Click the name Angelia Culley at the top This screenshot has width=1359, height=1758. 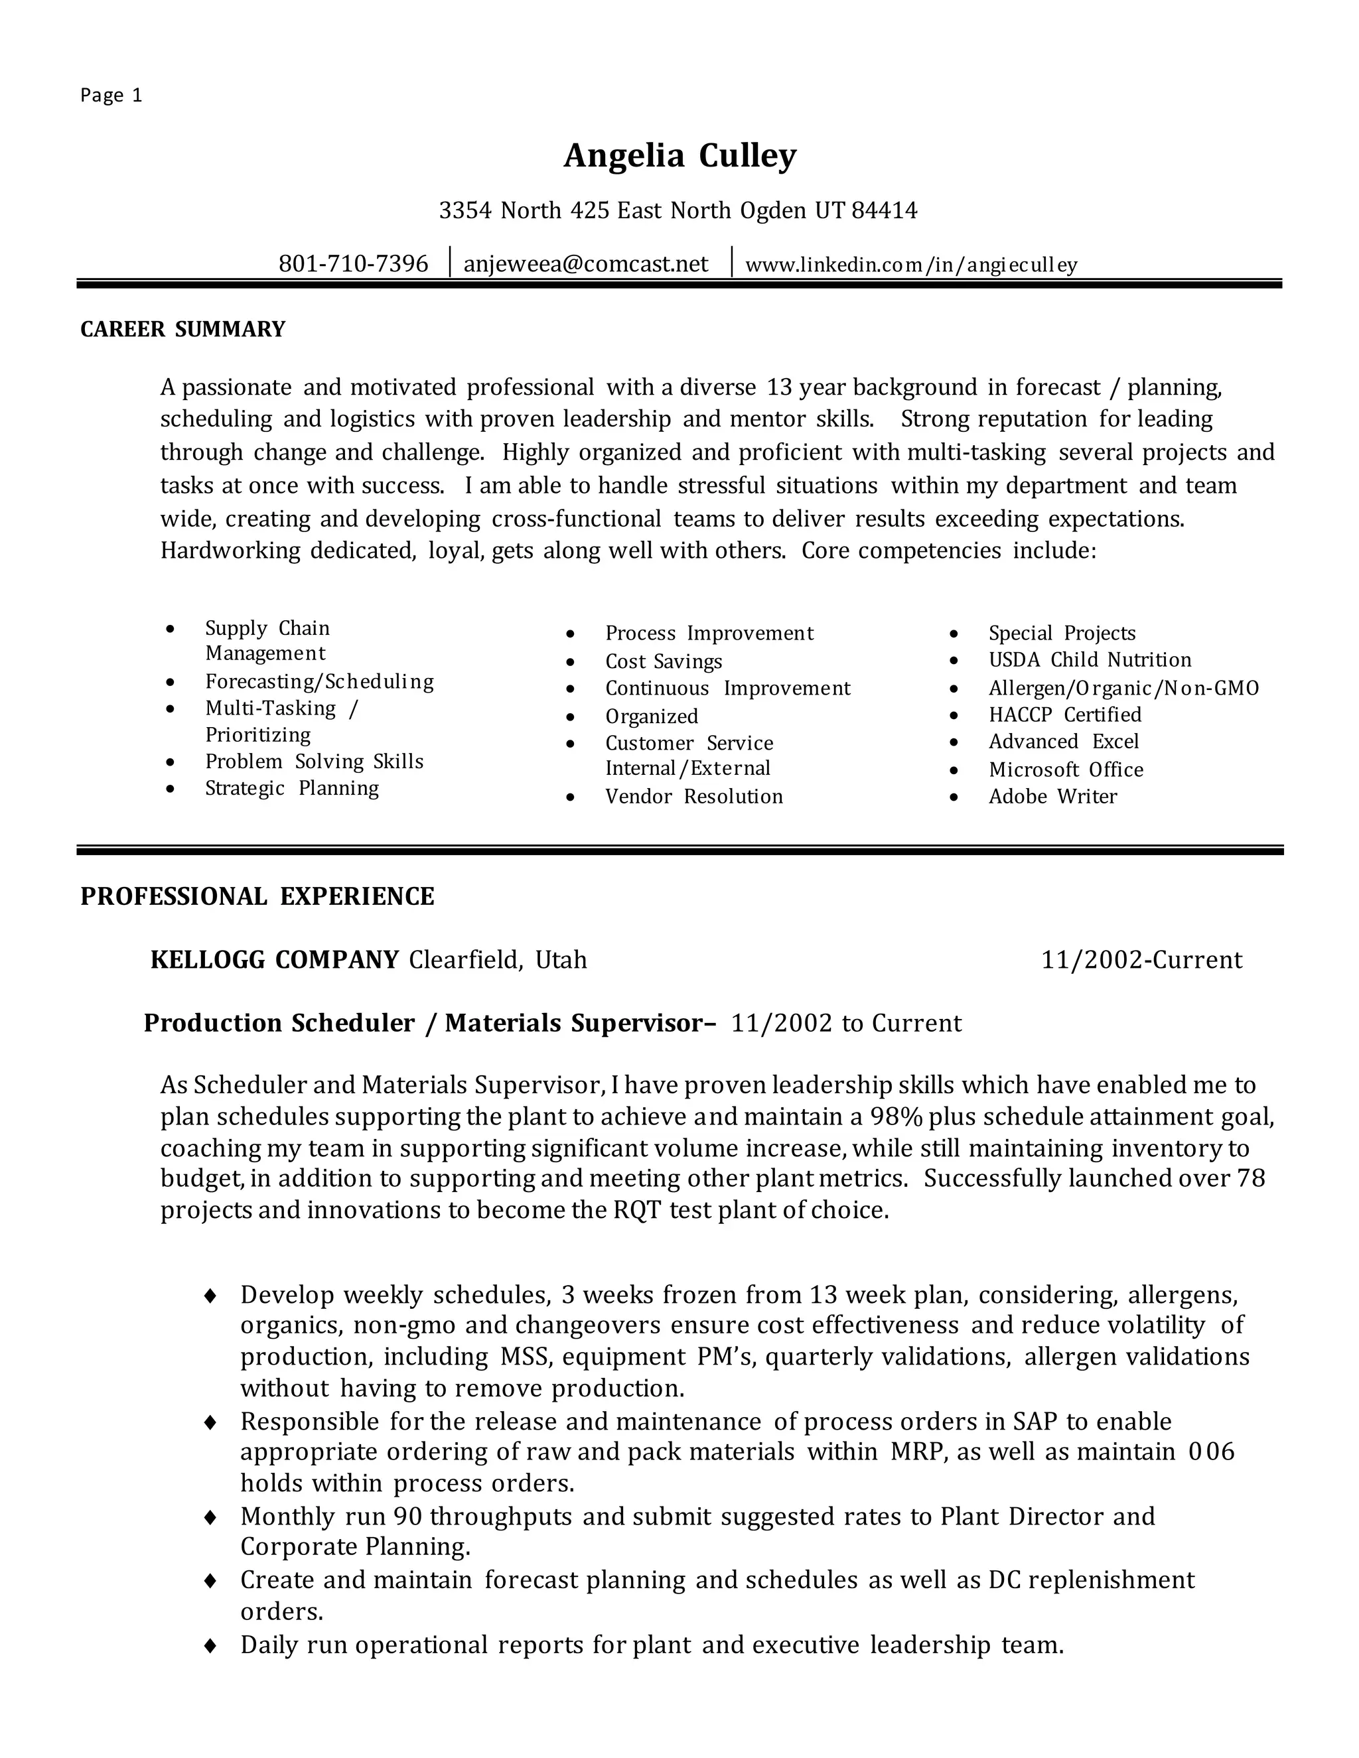(x=679, y=156)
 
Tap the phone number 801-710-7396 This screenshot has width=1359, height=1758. (x=354, y=264)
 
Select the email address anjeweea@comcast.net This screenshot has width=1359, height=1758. (x=586, y=264)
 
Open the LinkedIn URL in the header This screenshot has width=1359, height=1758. (x=910, y=265)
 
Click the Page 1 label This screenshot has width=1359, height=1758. (x=111, y=96)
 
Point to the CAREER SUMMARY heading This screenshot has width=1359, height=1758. (x=182, y=329)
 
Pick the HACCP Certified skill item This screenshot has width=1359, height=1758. (x=1064, y=714)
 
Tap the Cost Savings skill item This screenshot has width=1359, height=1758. (x=664, y=661)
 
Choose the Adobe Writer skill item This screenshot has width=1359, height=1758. (x=1052, y=797)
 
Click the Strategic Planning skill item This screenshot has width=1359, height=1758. (x=291, y=788)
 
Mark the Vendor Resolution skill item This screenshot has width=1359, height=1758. (x=693, y=797)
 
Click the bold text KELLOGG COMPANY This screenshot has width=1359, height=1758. (x=275, y=959)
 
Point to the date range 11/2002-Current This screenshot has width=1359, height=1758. (x=1141, y=959)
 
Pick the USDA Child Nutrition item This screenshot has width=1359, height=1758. (x=1090, y=660)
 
